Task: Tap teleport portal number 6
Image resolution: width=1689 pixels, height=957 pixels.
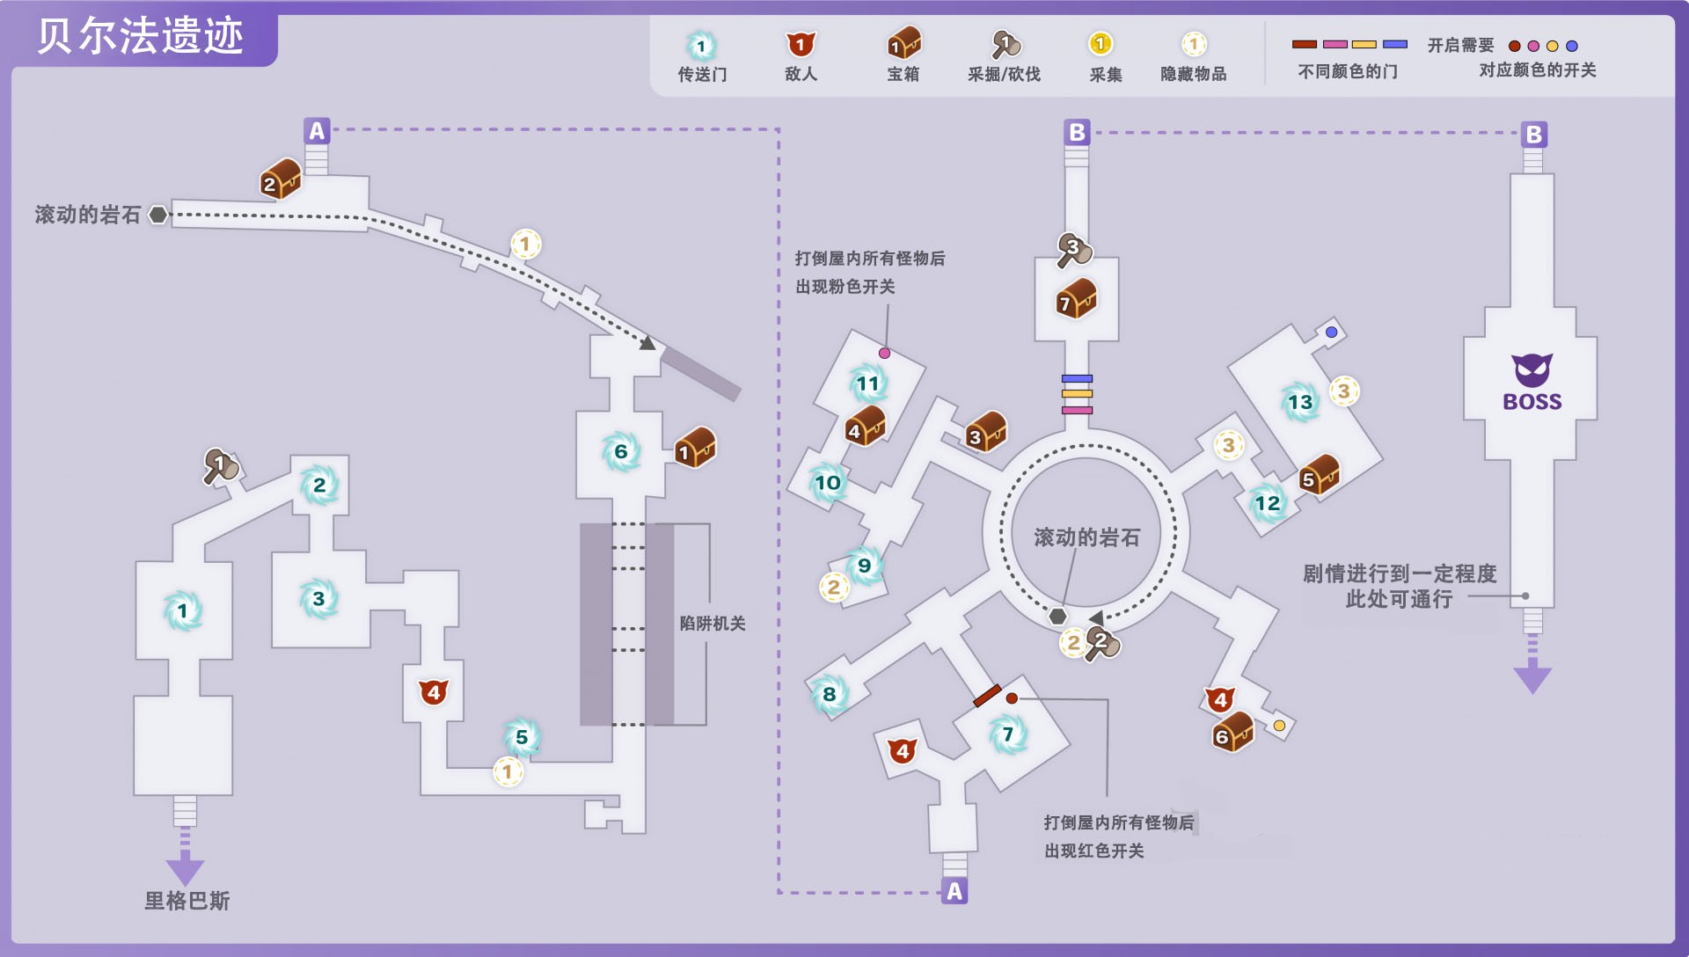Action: click(x=621, y=451)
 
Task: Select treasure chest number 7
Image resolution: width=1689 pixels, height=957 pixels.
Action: click(x=1077, y=299)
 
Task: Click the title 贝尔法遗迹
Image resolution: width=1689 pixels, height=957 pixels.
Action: click(x=140, y=36)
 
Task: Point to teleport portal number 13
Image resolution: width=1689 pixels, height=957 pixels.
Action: click(x=1299, y=402)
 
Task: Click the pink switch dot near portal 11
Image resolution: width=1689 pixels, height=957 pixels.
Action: click(x=884, y=353)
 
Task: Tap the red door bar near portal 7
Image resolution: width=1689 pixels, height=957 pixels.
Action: click(x=987, y=696)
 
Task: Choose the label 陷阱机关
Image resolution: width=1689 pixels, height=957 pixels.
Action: click(x=712, y=623)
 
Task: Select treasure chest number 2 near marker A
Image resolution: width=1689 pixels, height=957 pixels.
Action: click(x=281, y=179)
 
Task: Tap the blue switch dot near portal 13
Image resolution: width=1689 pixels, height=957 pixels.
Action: click(x=1331, y=332)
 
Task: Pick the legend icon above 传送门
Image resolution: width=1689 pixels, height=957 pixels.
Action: click(x=701, y=46)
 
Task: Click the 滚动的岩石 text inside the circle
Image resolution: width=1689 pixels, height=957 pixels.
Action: click(x=1086, y=537)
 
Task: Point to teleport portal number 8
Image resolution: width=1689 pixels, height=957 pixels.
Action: click(x=829, y=693)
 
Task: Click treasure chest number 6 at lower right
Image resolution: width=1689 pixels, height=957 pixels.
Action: click(x=1232, y=732)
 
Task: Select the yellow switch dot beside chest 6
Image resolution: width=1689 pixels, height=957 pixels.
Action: click(x=1279, y=726)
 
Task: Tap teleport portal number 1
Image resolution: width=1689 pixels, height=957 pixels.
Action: click(x=183, y=610)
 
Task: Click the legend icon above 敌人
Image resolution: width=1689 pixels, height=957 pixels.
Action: click(x=800, y=44)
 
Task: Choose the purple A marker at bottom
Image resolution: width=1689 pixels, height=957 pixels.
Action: click(x=954, y=891)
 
